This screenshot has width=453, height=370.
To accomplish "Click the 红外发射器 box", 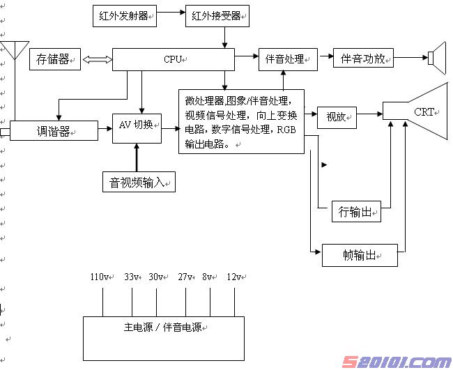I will tap(124, 16).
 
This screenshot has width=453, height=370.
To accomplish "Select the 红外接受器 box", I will tap(217, 16).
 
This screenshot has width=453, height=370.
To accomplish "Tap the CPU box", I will tap(173, 59).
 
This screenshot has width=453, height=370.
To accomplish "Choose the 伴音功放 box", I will tap(363, 59).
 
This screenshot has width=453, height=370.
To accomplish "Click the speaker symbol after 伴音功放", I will tap(437, 58).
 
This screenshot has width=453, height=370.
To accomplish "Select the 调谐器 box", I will tap(54, 131).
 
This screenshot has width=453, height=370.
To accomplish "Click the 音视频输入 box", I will tap(138, 183).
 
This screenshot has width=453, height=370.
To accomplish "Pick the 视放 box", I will tap(337, 116).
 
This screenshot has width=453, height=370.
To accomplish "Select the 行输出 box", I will tap(356, 211).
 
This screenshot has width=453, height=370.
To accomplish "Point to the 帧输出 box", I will tap(359, 255).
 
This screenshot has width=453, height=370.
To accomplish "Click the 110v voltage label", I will tap(100, 277).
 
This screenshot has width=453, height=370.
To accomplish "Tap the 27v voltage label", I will tap(186, 277).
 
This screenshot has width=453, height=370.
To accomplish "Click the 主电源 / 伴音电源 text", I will tap(163, 326).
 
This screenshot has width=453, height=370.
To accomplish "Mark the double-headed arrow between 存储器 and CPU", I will tap(96, 60).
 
